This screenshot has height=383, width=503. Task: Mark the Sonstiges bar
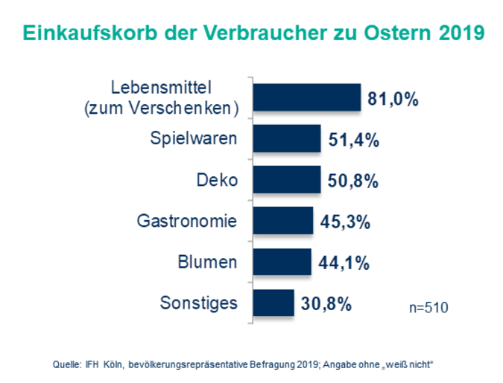click(x=273, y=303)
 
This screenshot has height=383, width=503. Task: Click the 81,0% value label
click(x=393, y=99)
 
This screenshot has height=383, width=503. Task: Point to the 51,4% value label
click(x=352, y=140)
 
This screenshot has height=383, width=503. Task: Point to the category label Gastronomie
click(x=187, y=221)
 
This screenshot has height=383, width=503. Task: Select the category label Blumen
click(x=208, y=262)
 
